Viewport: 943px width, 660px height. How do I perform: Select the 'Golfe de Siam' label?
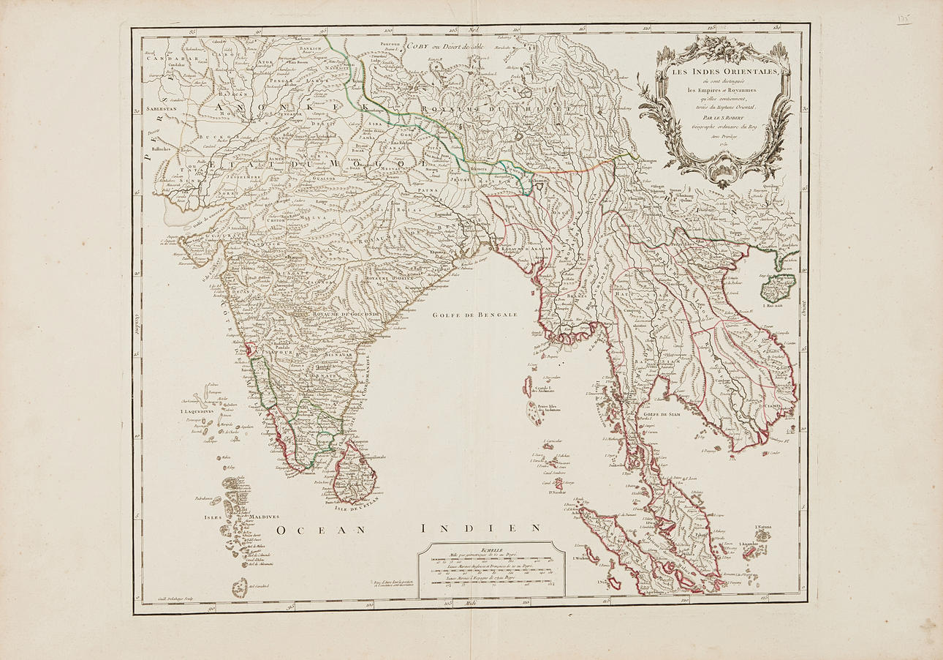662,414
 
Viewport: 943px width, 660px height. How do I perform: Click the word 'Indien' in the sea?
481,528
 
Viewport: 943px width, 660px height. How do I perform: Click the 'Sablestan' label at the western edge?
162,108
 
